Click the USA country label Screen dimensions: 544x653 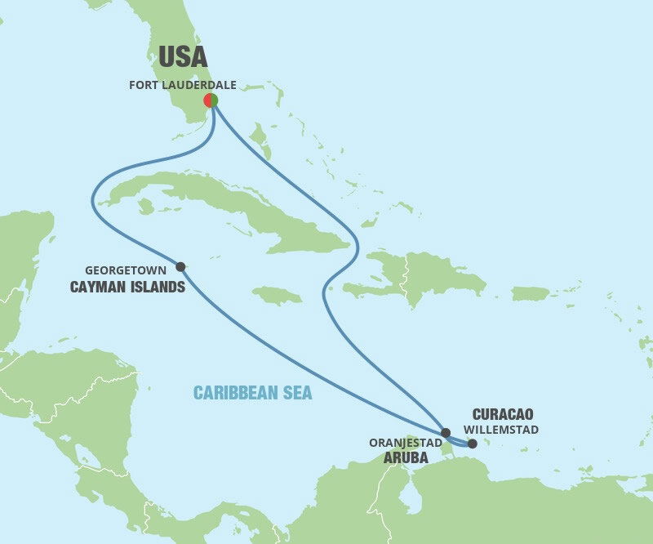pos(183,56)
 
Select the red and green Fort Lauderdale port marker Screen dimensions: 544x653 pos(211,100)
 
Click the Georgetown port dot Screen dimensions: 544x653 pos(180,266)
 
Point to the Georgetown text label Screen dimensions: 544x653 pos(126,269)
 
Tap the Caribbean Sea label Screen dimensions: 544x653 pos(252,393)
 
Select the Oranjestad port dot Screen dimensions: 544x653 pos(445,433)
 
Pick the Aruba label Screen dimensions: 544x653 pos(406,459)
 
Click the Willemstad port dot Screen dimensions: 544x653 pos(473,444)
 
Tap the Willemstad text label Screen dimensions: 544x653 pos(500,430)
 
